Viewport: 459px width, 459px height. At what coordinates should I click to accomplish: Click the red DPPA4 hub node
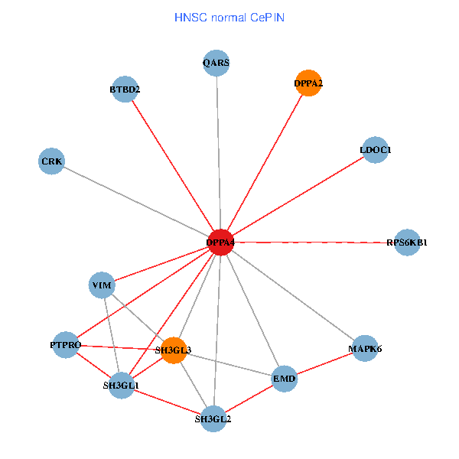[220, 243]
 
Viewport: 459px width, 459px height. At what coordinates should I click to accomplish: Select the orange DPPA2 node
[308, 83]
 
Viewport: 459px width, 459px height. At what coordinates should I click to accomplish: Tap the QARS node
[216, 62]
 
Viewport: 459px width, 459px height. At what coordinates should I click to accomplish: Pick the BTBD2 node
[124, 90]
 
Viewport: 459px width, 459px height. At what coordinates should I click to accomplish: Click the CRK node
[51, 161]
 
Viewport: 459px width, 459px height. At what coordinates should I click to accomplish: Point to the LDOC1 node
[375, 150]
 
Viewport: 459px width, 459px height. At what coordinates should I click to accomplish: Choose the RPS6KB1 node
[407, 243]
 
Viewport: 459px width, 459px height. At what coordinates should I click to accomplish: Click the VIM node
[102, 286]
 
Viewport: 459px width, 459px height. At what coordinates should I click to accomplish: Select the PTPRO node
[66, 345]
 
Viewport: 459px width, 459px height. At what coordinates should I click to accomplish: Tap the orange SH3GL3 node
[174, 350]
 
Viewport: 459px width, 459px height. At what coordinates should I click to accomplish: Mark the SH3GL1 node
[121, 386]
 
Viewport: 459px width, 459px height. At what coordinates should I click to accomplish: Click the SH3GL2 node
[213, 418]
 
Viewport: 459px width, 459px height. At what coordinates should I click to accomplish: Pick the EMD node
[284, 379]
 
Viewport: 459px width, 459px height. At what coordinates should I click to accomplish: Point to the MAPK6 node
[364, 349]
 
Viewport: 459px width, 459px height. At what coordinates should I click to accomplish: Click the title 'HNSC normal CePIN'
[229, 17]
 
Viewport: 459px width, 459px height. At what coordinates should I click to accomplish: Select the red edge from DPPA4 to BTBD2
[172, 166]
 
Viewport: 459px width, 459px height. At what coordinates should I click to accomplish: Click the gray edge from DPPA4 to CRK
[136, 202]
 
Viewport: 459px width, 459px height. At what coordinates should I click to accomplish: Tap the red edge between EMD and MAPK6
[324, 363]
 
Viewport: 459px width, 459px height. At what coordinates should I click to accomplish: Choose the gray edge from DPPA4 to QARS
[218, 153]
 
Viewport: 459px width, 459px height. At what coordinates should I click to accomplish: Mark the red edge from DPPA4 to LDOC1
[298, 196]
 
